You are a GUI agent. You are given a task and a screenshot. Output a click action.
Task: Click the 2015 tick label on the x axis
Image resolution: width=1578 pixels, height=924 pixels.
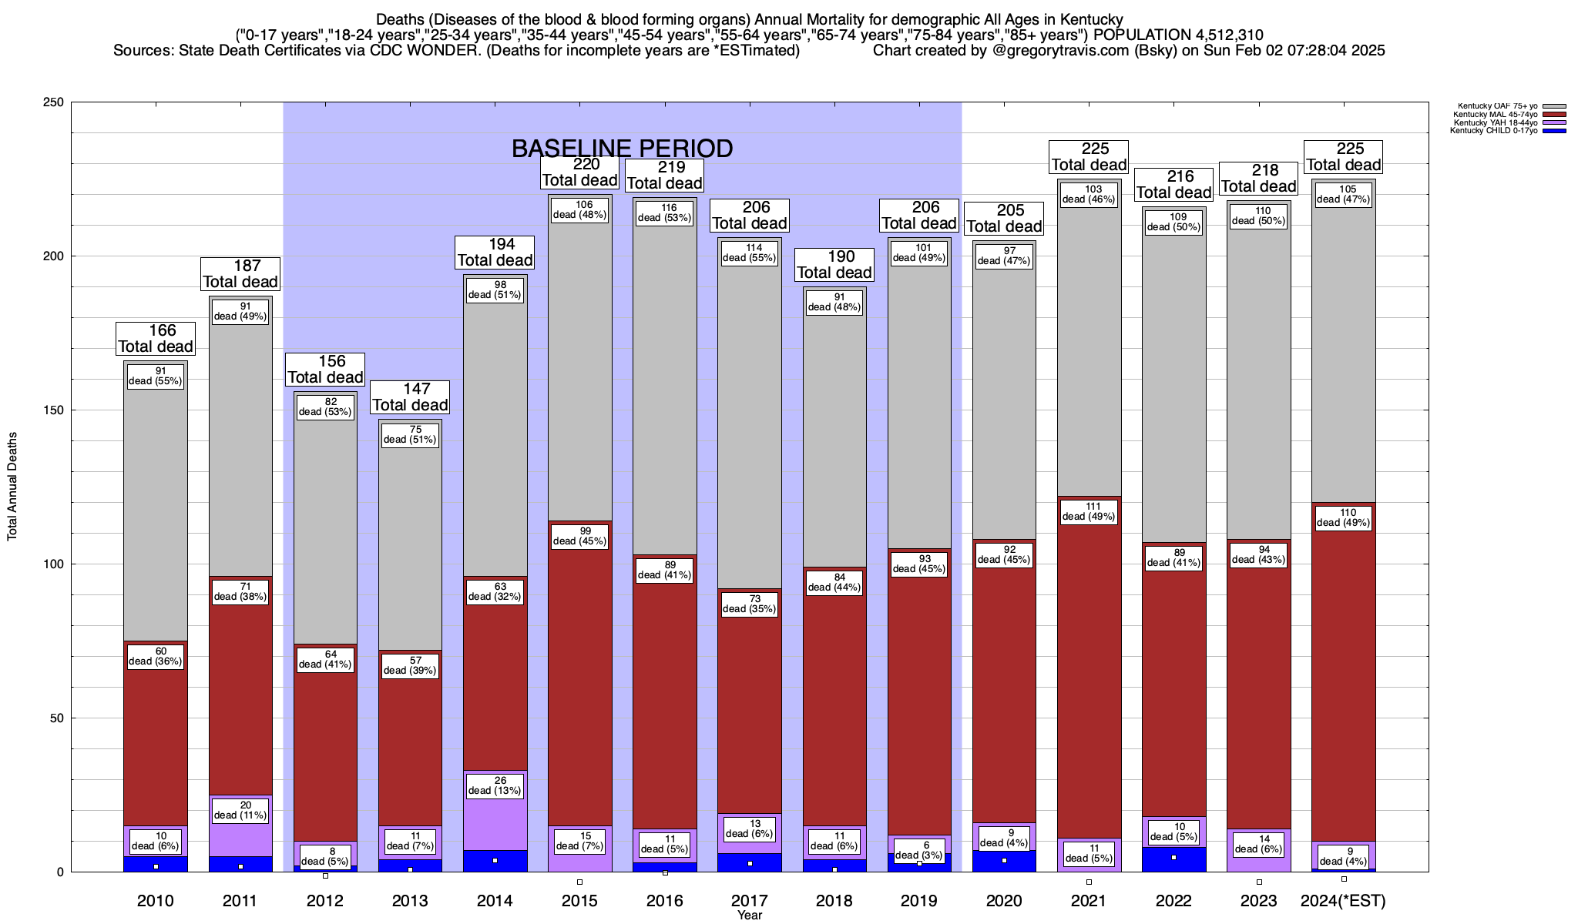579,900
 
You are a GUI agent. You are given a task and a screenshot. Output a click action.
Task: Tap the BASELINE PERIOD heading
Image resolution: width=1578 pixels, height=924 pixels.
622,148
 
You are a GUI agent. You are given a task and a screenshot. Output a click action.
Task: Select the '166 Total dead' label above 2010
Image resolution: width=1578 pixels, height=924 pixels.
155,338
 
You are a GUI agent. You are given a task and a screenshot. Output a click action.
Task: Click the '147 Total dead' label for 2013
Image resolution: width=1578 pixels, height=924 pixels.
410,397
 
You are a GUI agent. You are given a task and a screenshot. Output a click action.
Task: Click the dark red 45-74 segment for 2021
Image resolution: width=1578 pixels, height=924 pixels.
1089,678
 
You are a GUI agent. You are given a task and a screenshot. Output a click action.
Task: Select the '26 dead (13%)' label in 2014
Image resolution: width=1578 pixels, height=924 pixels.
495,785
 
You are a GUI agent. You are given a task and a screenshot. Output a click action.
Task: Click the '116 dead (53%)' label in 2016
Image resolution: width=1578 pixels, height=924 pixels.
664,213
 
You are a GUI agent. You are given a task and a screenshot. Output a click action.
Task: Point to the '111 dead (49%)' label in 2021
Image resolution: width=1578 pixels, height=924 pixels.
1089,511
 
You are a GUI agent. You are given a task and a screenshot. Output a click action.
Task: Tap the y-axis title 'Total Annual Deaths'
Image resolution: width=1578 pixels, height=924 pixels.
12,487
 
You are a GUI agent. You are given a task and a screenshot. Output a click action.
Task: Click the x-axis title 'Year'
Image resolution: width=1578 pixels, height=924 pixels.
749,915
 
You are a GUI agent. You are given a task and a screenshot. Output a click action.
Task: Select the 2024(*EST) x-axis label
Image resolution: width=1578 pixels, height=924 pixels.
1343,900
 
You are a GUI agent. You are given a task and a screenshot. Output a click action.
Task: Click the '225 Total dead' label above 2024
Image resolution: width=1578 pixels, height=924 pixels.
1343,156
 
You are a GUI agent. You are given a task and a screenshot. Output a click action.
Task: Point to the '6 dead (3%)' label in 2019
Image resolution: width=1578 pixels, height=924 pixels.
919,850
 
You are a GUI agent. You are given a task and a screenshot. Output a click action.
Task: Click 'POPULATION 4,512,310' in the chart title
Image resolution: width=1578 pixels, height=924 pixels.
1178,35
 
